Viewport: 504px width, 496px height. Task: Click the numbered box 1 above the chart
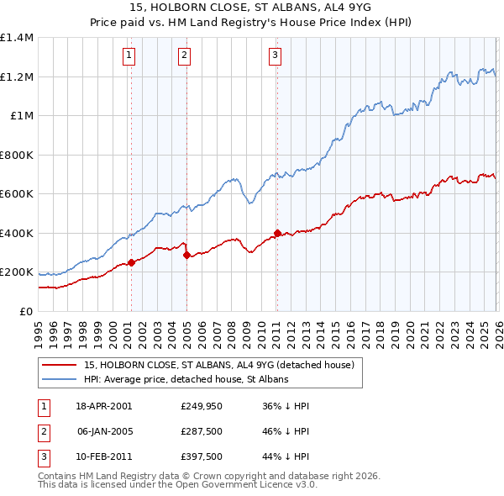coord(129,56)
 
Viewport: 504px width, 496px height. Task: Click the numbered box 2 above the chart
coord(184,56)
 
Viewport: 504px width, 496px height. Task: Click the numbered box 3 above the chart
coord(275,56)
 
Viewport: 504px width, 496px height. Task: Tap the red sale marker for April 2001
coord(131,262)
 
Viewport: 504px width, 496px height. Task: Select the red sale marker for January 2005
coord(186,255)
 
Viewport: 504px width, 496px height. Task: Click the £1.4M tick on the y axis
coord(16,38)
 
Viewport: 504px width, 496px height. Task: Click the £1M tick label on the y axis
coord(21,116)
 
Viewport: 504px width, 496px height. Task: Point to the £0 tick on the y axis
coord(27,311)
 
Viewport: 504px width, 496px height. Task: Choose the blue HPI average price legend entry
coord(186,379)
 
